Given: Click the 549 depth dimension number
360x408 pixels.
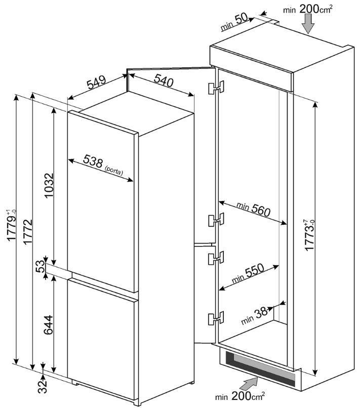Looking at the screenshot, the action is pyautogui.click(x=96, y=83).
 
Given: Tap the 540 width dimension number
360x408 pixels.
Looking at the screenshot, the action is pyautogui.click(x=163, y=80).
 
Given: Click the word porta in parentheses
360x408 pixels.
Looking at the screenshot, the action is pyautogui.click(x=113, y=172).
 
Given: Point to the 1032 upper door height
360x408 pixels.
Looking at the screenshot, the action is pyautogui.click(x=49, y=186).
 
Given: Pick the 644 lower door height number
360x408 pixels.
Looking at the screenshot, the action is pyautogui.click(x=49, y=325).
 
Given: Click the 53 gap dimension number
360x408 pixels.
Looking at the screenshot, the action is pyautogui.click(x=41, y=266).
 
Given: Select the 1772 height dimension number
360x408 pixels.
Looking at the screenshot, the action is pyautogui.click(x=27, y=231).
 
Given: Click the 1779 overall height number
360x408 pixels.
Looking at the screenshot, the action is pyautogui.click(x=12, y=229).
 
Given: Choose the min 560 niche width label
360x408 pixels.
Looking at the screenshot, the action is pyautogui.click(x=253, y=209).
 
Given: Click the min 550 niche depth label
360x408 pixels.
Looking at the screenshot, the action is pyautogui.click(x=248, y=273).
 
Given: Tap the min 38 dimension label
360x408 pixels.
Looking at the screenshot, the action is pyautogui.click(x=254, y=315).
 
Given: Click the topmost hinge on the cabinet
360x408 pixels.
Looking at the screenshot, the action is pyautogui.click(x=216, y=88).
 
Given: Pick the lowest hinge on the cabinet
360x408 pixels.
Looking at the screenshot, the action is pyautogui.click(x=216, y=318).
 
